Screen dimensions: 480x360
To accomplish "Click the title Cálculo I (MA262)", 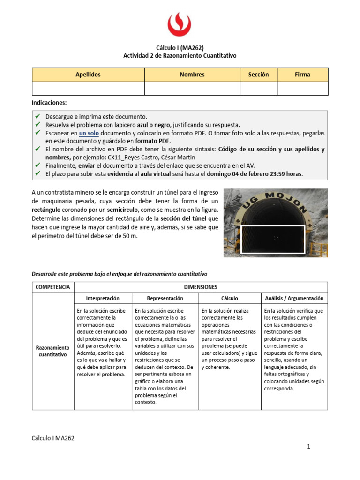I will pos(180,47).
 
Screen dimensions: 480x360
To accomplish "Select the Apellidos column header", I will pos(88,75).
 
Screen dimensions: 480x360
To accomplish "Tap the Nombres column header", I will pos(192,75).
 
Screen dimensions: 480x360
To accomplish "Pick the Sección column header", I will pos(258,75).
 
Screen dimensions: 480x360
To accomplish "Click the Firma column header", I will pos(302,75).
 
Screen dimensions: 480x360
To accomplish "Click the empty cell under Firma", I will pos(302,88).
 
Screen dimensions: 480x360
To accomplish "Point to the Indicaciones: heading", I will pos(49,102).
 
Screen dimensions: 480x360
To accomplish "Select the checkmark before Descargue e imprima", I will pos(38,116).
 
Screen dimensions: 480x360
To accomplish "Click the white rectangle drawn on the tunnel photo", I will pos(272,239).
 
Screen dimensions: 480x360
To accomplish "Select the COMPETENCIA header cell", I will pos(53,287).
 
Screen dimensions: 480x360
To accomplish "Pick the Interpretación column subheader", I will pos(103,298).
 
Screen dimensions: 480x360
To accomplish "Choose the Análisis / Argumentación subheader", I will pos(294,298).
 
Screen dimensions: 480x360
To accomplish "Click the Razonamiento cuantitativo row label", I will pos(53,351).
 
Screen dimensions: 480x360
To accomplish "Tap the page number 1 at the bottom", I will pos(309,447).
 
